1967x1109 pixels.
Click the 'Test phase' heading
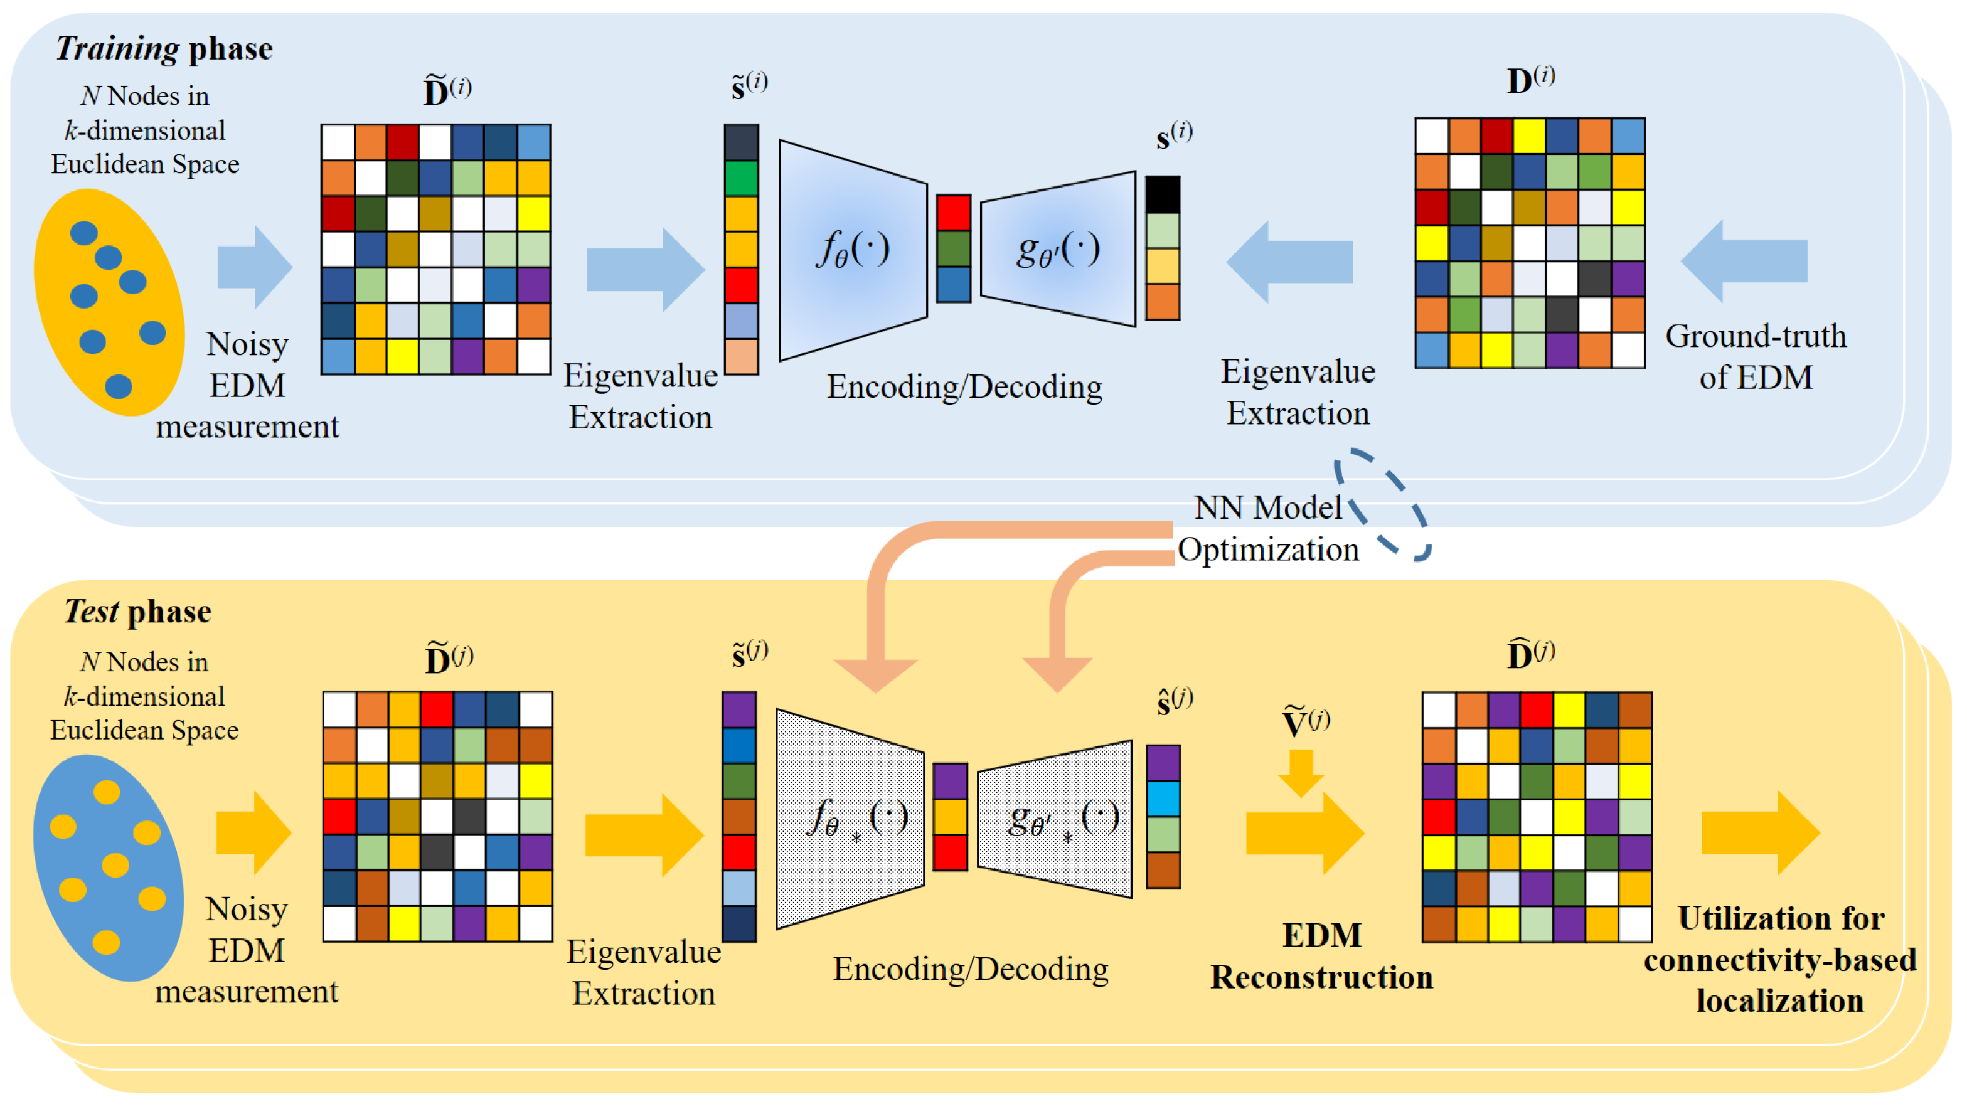137,612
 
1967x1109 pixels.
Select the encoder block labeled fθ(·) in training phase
852,250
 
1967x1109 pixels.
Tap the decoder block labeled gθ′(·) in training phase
1058,249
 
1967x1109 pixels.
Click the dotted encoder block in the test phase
850,819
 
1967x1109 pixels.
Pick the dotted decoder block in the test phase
1055,819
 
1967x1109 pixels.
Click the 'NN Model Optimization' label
1267,528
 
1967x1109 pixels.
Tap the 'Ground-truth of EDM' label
1756,356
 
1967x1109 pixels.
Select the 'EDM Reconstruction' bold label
1322,955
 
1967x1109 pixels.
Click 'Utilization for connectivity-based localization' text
1780,960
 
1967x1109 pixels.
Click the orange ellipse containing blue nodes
109,302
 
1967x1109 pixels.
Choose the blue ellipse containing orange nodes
109,868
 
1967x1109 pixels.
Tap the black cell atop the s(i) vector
1163,194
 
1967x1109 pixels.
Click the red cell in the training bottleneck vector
954,212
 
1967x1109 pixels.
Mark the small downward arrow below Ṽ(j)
1301,772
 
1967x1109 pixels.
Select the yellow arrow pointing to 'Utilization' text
1760,833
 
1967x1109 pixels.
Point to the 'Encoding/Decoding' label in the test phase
970,968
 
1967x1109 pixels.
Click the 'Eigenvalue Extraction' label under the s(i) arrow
1298,392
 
